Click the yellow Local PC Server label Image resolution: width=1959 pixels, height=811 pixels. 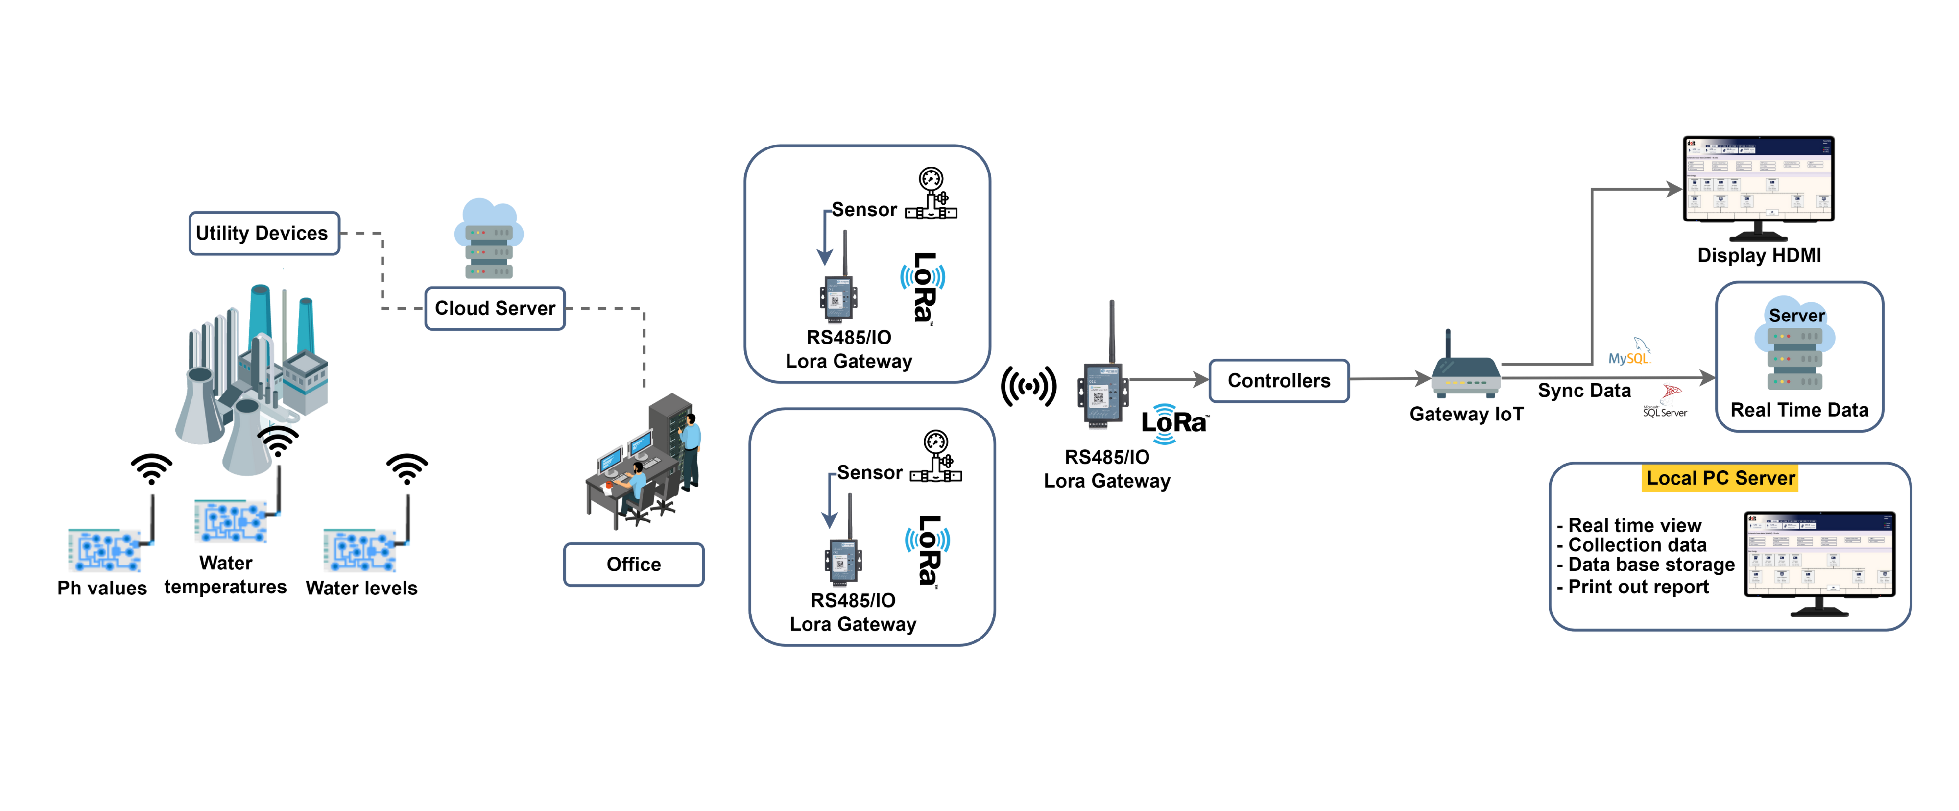point(1720,479)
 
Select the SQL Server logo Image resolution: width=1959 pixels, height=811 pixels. point(1666,402)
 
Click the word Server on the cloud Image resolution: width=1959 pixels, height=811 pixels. point(1796,316)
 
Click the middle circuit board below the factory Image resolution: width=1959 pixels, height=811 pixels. point(232,520)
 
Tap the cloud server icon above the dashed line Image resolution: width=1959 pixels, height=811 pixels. point(489,240)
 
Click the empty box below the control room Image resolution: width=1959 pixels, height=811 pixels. point(633,565)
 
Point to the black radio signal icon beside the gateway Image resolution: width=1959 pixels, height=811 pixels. point(1028,387)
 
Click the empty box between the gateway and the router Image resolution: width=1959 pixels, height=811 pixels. point(1278,380)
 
